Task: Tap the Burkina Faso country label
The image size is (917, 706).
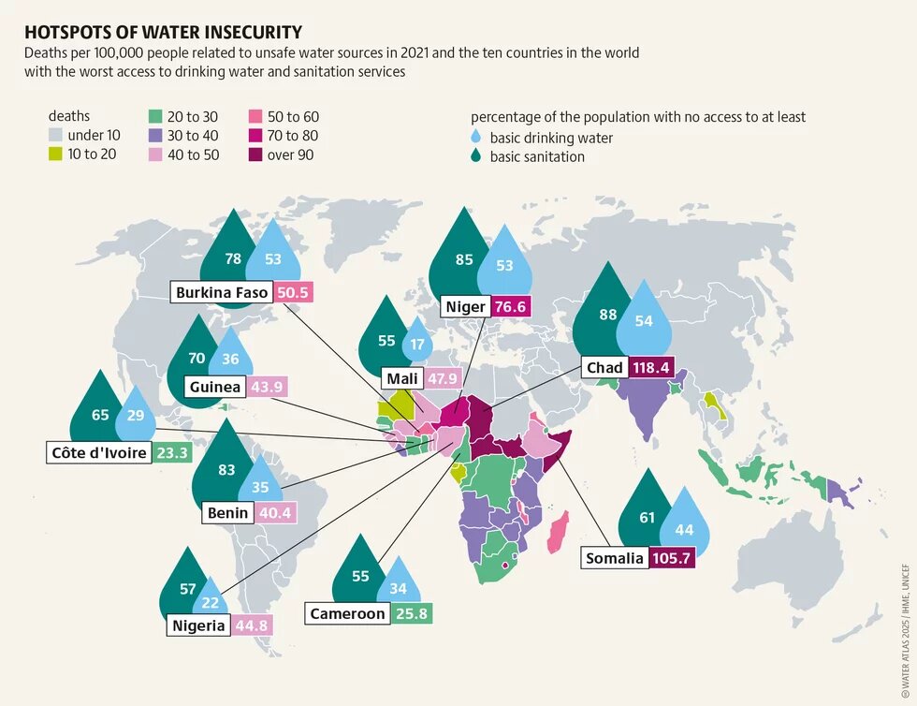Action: pyautogui.click(x=222, y=293)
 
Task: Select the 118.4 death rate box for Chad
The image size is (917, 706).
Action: pyautogui.click(x=651, y=368)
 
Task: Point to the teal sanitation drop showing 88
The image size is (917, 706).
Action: pyautogui.click(x=608, y=314)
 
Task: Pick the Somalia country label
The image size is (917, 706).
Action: pyautogui.click(x=615, y=558)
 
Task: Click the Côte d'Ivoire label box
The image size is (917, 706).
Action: pyautogui.click(x=98, y=453)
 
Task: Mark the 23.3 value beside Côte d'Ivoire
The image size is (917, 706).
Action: pyautogui.click(x=171, y=453)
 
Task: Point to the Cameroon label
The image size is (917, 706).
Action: pyautogui.click(x=348, y=613)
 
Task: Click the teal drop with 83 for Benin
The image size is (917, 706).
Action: pyautogui.click(x=226, y=468)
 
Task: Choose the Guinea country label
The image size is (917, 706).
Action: pyautogui.click(x=215, y=387)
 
